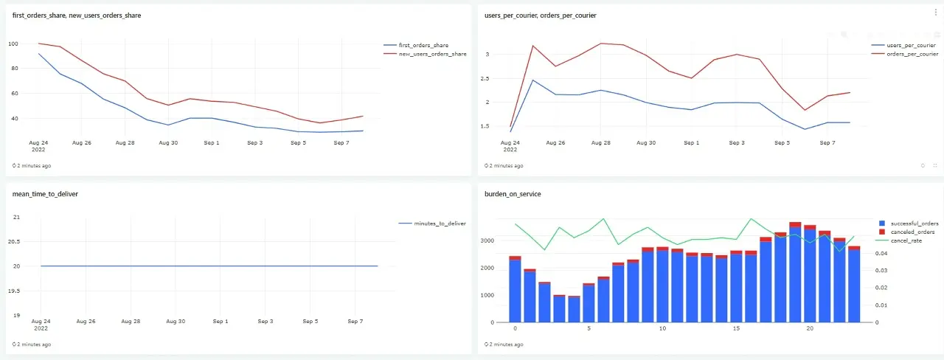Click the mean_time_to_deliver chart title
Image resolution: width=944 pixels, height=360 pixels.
45,194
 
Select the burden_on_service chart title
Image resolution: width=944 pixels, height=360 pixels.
513,194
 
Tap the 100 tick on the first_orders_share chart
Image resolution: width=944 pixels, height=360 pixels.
13,44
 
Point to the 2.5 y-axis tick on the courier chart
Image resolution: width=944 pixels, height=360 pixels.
485,78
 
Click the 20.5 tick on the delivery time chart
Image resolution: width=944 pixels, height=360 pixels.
14,241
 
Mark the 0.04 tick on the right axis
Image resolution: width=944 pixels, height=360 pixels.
881,253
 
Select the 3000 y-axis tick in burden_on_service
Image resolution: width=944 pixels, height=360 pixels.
487,240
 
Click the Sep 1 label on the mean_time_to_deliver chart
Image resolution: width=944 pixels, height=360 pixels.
221,321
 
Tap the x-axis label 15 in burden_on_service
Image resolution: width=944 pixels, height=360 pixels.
736,328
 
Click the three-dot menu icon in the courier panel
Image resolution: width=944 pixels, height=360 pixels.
936,13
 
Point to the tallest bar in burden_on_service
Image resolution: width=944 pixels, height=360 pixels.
795,272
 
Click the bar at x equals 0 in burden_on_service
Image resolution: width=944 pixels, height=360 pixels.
515,289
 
